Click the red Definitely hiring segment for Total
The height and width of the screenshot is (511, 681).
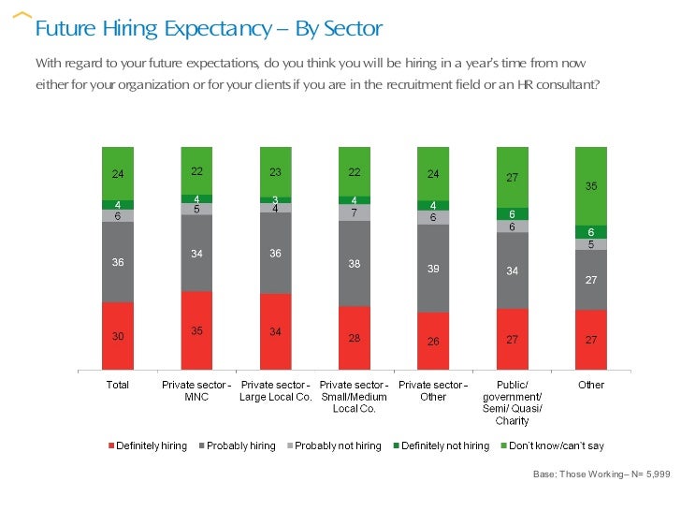[x=118, y=335]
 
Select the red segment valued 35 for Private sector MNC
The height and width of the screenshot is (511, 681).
[x=196, y=329]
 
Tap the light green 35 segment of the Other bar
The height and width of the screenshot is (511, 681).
[x=591, y=186]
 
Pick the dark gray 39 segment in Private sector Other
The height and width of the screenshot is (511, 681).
[x=433, y=268]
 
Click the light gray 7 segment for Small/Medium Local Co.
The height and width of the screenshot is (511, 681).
[x=355, y=213]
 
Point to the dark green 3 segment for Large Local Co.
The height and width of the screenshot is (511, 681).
[x=275, y=199]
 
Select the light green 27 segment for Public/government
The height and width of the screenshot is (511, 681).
[x=513, y=177]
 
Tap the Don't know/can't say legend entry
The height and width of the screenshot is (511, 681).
[x=553, y=445]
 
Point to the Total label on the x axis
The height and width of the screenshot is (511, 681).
[x=118, y=385]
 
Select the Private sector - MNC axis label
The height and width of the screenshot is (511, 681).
[x=196, y=390]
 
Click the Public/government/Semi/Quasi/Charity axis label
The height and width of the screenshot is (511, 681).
[x=513, y=402]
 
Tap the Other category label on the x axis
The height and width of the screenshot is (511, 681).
[x=591, y=385]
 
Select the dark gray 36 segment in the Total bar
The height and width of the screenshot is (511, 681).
[x=118, y=262]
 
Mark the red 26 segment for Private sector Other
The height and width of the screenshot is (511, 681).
[x=433, y=341]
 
